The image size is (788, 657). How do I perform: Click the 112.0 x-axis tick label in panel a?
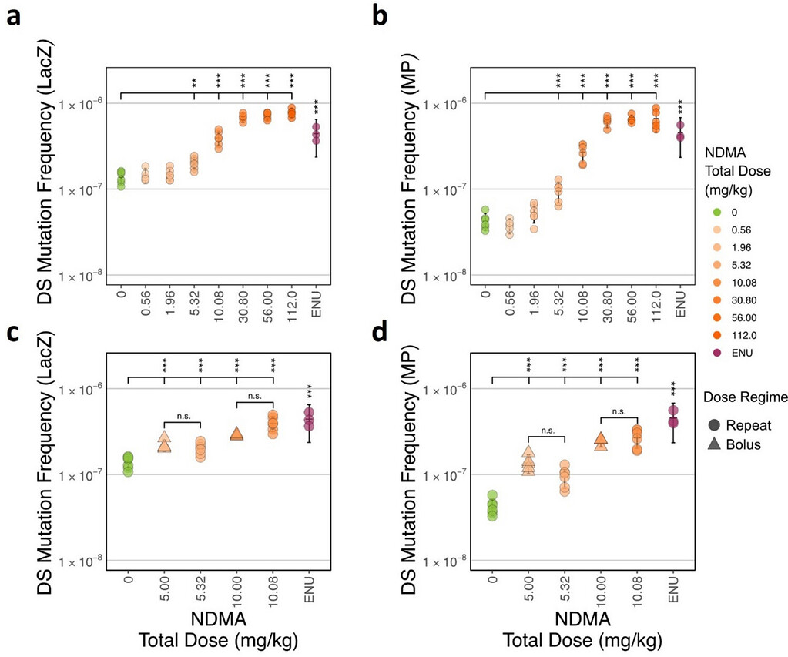click(x=291, y=303)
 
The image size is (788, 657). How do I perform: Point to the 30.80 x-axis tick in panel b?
click(x=607, y=303)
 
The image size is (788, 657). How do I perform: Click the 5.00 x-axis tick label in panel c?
click(x=164, y=588)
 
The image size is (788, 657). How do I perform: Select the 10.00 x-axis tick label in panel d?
click(x=601, y=588)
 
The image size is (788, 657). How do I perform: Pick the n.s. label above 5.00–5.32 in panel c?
click(x=182, y=417)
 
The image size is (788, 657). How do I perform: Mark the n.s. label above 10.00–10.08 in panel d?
click(x=619, y=411)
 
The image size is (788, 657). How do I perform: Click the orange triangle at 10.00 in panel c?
click(x=236, y=434)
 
